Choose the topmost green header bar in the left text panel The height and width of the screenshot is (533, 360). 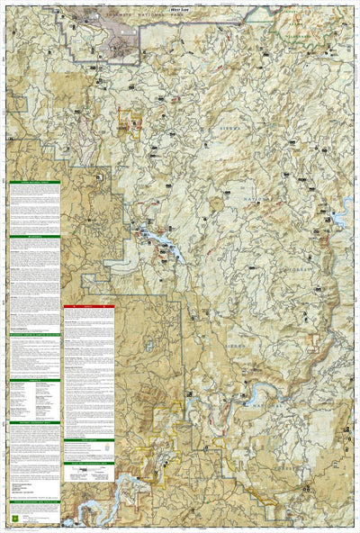(34, 182)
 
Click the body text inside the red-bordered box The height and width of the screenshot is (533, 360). (89, 360)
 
